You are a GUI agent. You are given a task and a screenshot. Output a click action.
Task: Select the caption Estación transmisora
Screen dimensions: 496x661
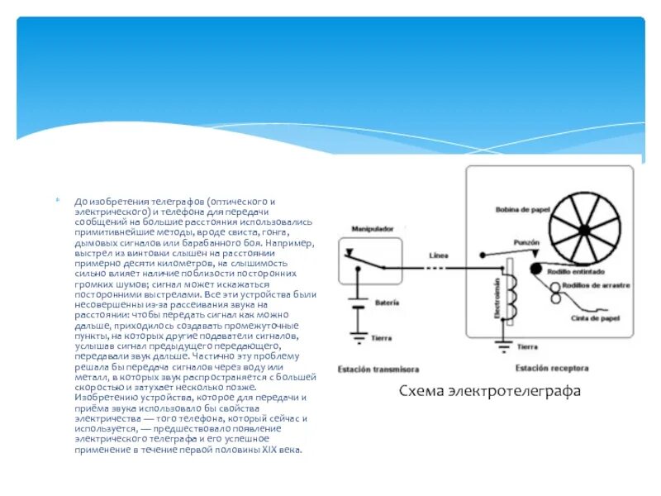coord(378,369)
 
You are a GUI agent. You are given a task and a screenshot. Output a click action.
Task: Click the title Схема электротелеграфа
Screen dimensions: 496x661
coord(490,390)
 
